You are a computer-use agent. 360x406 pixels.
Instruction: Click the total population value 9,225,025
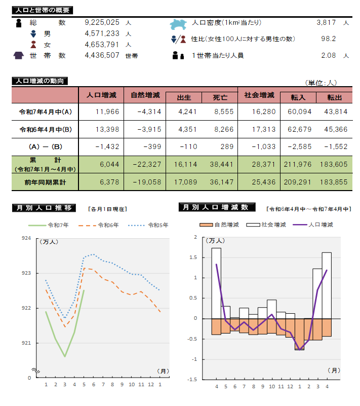(x=102, y=23)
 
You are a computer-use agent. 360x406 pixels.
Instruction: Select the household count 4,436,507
(x=102, y=55)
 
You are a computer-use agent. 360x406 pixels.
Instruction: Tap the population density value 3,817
(x=326, y=23)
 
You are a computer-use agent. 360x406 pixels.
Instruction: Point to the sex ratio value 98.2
(x=329, y=39)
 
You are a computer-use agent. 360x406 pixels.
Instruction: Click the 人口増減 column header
(x=101, y=95)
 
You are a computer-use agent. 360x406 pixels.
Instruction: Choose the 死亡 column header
(x=220, y=97)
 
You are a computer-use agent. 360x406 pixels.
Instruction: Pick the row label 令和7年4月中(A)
(x=46, y=112)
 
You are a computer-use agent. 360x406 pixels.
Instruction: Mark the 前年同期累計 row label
(x=46, y=181)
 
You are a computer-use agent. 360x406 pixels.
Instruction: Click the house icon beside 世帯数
(x=19, y=55)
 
